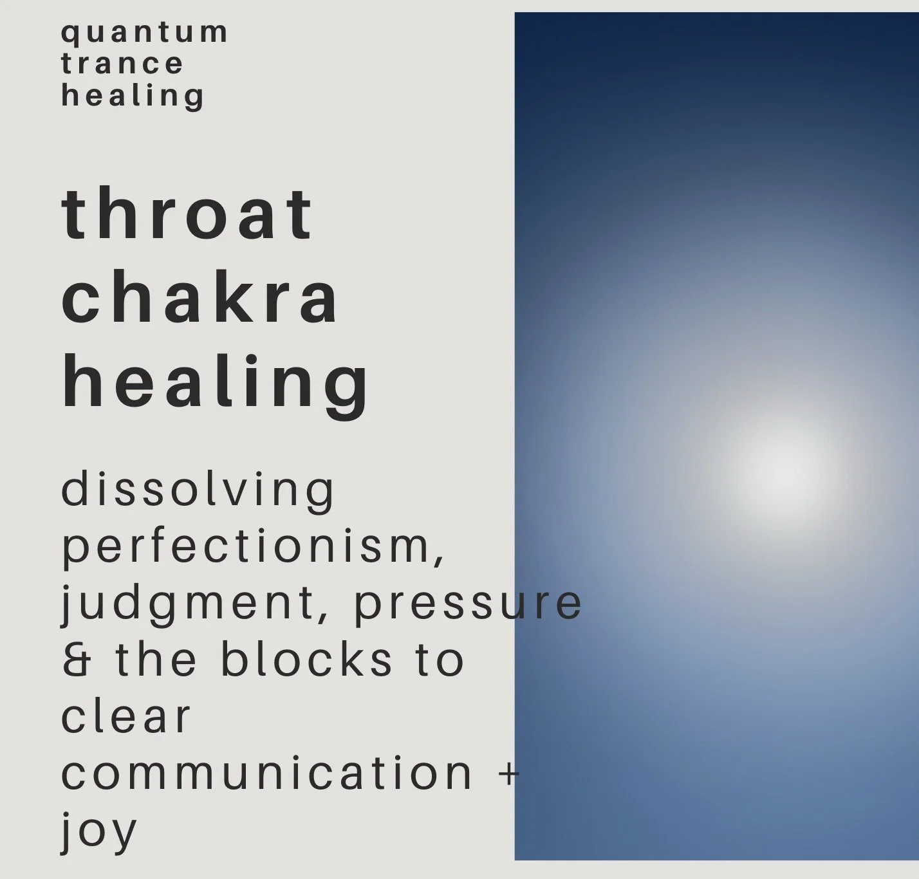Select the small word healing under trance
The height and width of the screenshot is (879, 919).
click(x=133, y=96)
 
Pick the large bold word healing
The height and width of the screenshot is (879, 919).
click(x=216, y=383)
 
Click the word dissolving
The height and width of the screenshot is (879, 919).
click(x=198, y=490)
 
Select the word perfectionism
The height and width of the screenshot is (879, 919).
click(x=245, y=547)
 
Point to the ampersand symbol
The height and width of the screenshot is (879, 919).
click(x=77, y=661)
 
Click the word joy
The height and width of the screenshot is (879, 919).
click(x=99, y=831)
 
